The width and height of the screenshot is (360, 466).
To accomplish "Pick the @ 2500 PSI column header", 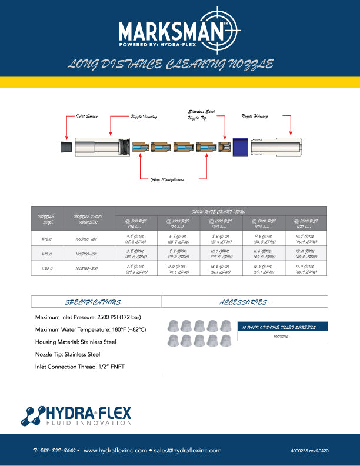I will click(305, 222).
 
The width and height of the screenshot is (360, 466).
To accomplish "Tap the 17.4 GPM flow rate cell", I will click(305, 269).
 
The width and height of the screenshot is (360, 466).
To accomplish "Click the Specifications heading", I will click(95, 302).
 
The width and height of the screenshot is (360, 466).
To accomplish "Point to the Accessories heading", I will click(244, 302).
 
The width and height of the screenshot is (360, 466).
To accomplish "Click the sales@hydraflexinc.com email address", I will click(188, 450).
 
